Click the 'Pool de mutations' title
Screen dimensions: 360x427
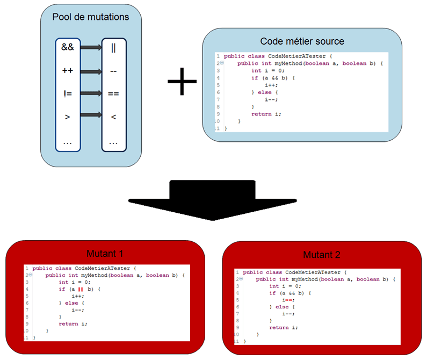pyautogui.click(x=91, y=17)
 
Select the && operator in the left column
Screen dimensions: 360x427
pyautogui.click(x=68, y=47)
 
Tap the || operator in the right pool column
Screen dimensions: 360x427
pyautogui.click(x=113, y=47)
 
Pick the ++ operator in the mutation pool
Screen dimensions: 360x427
pyautogui.click(x=68, y=70)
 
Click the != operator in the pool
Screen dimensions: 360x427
pyautogui.click(x=68, y=93)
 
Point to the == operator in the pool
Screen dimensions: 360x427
pyautogui.click(x=113, y=93)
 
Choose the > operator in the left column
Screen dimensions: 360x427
pyautogui.click(x=68, y=116)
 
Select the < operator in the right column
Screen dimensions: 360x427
pyautogui.click(x=113, y=116)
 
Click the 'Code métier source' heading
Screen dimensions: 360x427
pyautogui.click(x=302, y=41)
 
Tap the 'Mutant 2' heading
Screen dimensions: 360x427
pyautogui.click(x=322, y=255)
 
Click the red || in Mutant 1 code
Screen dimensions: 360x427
pyautogui.click(x=80, y=289)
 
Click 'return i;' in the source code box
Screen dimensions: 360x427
pyautogui.click(x=266, y=114)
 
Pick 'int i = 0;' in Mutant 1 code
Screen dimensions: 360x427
pyautogui.click(x=75, y=282)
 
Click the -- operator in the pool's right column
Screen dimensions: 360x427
pyautogui.click(x=113, y=70)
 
